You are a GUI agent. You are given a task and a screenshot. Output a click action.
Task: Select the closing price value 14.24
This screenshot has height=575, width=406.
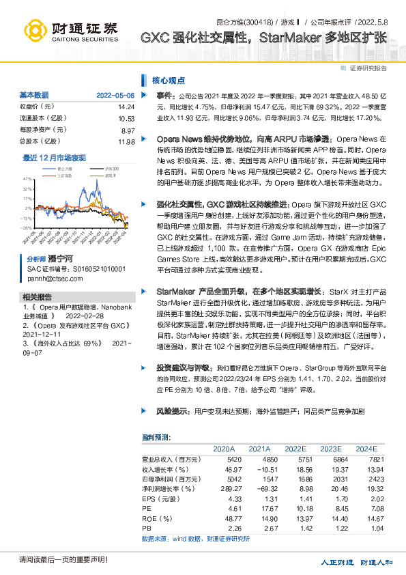pyautogui.click(x=126, y=107)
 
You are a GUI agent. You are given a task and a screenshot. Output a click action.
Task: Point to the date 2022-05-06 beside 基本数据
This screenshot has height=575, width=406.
pyautogui.click(x=115, y=95)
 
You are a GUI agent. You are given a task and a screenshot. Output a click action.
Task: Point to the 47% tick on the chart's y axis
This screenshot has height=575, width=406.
pyautogui.click(x=27, y=178)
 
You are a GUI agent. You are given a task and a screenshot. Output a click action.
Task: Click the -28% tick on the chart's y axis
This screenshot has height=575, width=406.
pyautogui.click(x=27, y=228)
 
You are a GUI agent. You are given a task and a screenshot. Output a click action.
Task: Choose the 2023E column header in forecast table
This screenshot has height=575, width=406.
pyautogui.click(x=330, y=449)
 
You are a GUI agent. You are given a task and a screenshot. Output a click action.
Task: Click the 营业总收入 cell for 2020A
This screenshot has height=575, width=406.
pyautogui.click(x=224, y=460)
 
